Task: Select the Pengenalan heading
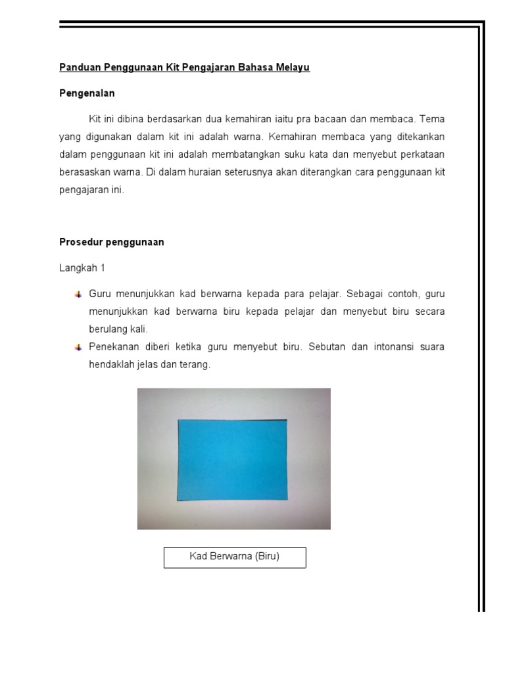pyautogui.click(x=87, y=93)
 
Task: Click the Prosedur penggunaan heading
pyautogui.click(x=111, y=242)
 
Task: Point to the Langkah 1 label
pyautogui.click(x=82, y=268)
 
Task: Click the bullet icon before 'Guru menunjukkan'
pyautogui.click(x=78, y=294)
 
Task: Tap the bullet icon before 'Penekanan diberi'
pyautogui.click(x=78, y=347)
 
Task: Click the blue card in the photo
pyautogui.click(x=232, y=459)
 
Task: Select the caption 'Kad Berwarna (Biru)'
pyautogui.click(x=234, y=557)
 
